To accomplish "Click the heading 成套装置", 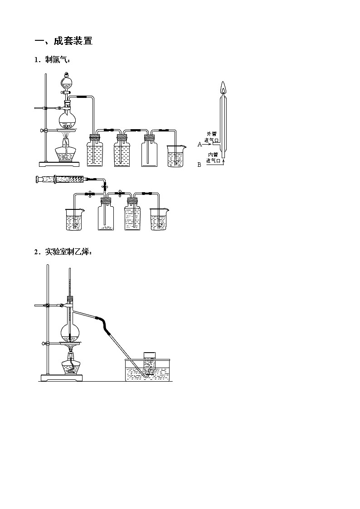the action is click(x=73, y=41).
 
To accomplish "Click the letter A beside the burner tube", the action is click(x=199, y=144).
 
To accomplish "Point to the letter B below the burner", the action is click(x=199, y=165).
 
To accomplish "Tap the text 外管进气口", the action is click(x=211, y=137).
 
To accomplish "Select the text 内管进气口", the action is click(x=213, y=157).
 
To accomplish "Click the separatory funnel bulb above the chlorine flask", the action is click(x=67, y=82).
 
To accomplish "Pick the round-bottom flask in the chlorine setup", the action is click(x=67, y=120).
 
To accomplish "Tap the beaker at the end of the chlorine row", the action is click(x=176, y=156).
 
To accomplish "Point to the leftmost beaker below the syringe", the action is click(x=75, y=219).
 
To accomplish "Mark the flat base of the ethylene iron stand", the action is click(x=62, y=378).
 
